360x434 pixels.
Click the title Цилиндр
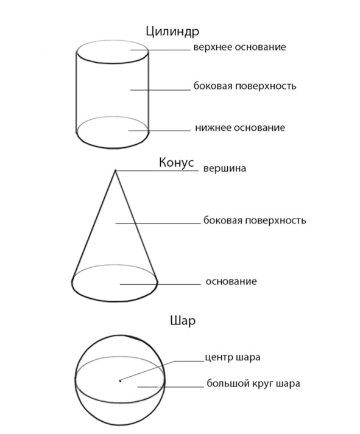[172, 32]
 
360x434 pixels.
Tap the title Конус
[176, 163]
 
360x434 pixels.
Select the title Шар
[183, 321]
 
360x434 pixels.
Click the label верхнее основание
[239, 47]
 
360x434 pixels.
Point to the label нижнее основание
[240, 128]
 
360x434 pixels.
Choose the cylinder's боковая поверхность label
[245, 86]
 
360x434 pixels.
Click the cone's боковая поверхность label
[255, 220]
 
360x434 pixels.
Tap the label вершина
[225, 169]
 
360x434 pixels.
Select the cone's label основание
[231, 281]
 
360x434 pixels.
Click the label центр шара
[233, 357]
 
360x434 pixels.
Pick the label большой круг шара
[253, 383]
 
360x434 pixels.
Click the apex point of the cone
[116, 170]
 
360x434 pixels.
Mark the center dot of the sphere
[120, 381]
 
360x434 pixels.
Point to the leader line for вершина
[157, 170]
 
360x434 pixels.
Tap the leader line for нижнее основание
[160, 130]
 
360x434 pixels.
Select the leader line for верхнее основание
[161, 50]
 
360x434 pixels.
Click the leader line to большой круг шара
[171, 387]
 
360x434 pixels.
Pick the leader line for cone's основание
[160, 284]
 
